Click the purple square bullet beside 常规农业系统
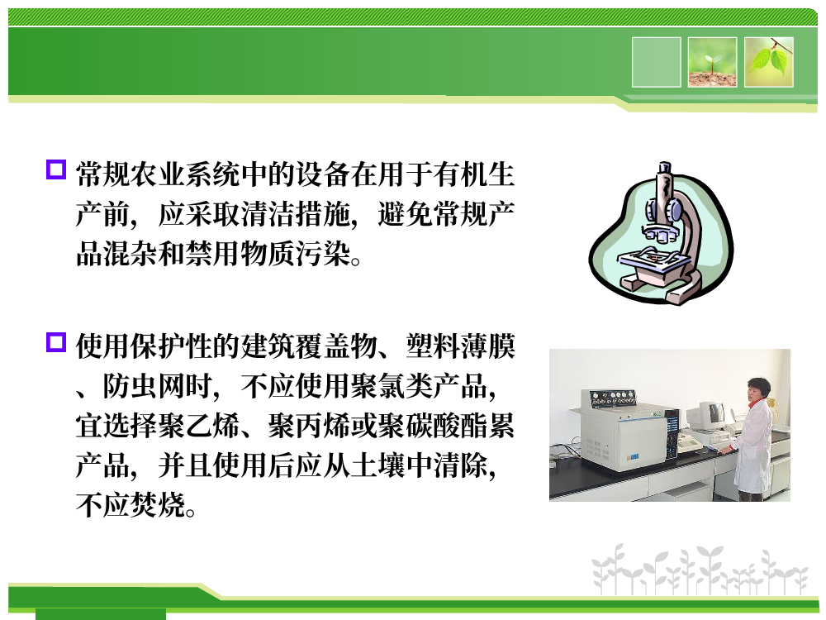coord(56,169)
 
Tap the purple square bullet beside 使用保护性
coord(56,341)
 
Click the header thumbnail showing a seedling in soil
coord(712,62)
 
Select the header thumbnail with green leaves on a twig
coord(768,62)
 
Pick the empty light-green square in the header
coord(656,62)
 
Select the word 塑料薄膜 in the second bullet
coord(460,346)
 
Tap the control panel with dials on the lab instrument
coord(612,398)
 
